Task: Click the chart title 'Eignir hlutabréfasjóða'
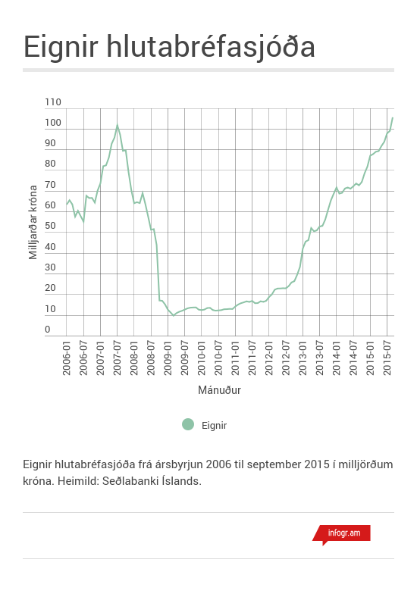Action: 169,46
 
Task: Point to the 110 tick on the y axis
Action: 53,102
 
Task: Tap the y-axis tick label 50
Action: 51,227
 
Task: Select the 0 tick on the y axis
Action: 47,330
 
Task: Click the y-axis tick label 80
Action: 51,164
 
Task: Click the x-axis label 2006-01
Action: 67,359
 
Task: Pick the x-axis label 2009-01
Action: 168,359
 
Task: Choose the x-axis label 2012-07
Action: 287,359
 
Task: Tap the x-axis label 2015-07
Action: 387,359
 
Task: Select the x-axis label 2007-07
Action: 118,359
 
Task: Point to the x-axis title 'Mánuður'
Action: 219,391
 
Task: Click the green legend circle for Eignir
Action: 188,424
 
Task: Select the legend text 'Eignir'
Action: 215,425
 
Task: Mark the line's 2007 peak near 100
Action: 117,125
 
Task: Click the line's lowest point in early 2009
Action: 174,314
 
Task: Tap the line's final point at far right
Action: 392,117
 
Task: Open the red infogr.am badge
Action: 342,533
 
